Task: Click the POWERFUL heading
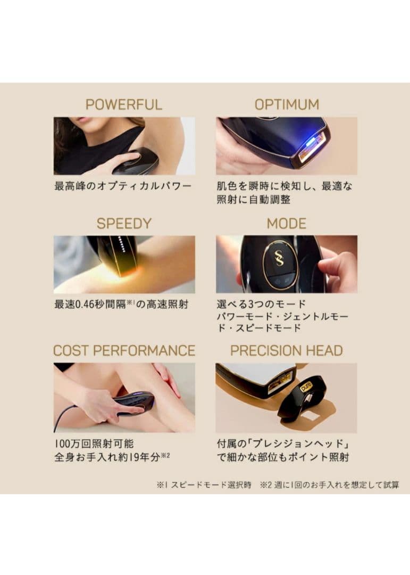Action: click(x=123, y=104)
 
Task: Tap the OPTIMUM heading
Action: click(x=287, y=104)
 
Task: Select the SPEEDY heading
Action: click(x=124, y=223)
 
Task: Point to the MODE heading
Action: click(x=287, y=223)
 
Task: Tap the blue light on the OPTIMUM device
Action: click(x=307, y=142)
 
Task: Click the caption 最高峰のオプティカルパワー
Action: click(x=123, y=186)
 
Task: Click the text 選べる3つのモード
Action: click(x=261, y=305)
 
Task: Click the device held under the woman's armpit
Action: click(x=136, y=161)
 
